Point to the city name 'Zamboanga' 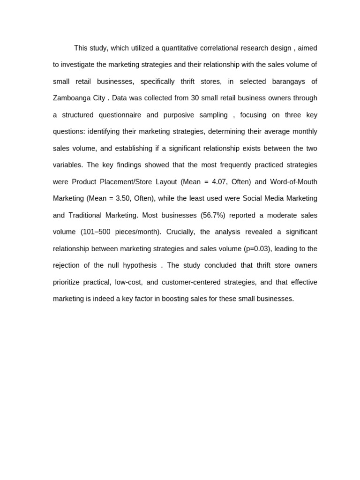(71, 98)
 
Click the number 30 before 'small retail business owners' (195, 98)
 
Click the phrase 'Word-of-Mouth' (293, 182)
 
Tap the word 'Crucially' (180, 232)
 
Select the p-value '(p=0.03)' (257, 248)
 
